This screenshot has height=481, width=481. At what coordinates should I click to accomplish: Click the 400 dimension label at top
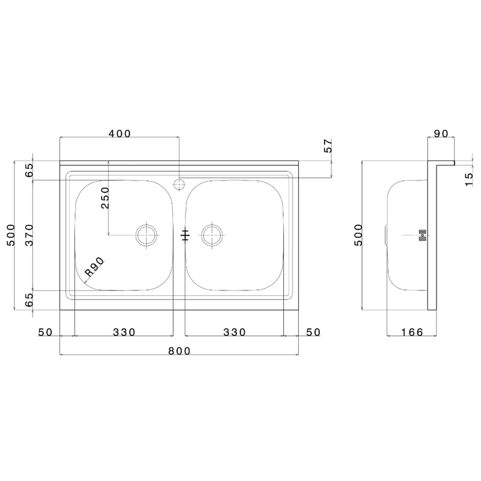(120, 133)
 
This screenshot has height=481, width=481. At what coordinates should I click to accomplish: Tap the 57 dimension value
(328, 146)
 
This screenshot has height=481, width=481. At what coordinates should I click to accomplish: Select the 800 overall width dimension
(179, 351)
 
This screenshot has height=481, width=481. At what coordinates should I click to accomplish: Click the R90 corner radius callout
(95, 267)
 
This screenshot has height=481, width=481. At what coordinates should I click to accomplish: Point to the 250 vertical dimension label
(105, 198)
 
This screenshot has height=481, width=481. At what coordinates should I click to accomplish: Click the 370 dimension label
(29, 235)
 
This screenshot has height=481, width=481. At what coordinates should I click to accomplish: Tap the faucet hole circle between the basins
(179, 185)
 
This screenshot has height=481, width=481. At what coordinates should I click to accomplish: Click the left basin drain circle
(147, 235)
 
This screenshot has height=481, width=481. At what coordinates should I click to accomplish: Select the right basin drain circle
(212, 235)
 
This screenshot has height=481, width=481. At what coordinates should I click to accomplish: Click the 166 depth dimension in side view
(412, 332)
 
